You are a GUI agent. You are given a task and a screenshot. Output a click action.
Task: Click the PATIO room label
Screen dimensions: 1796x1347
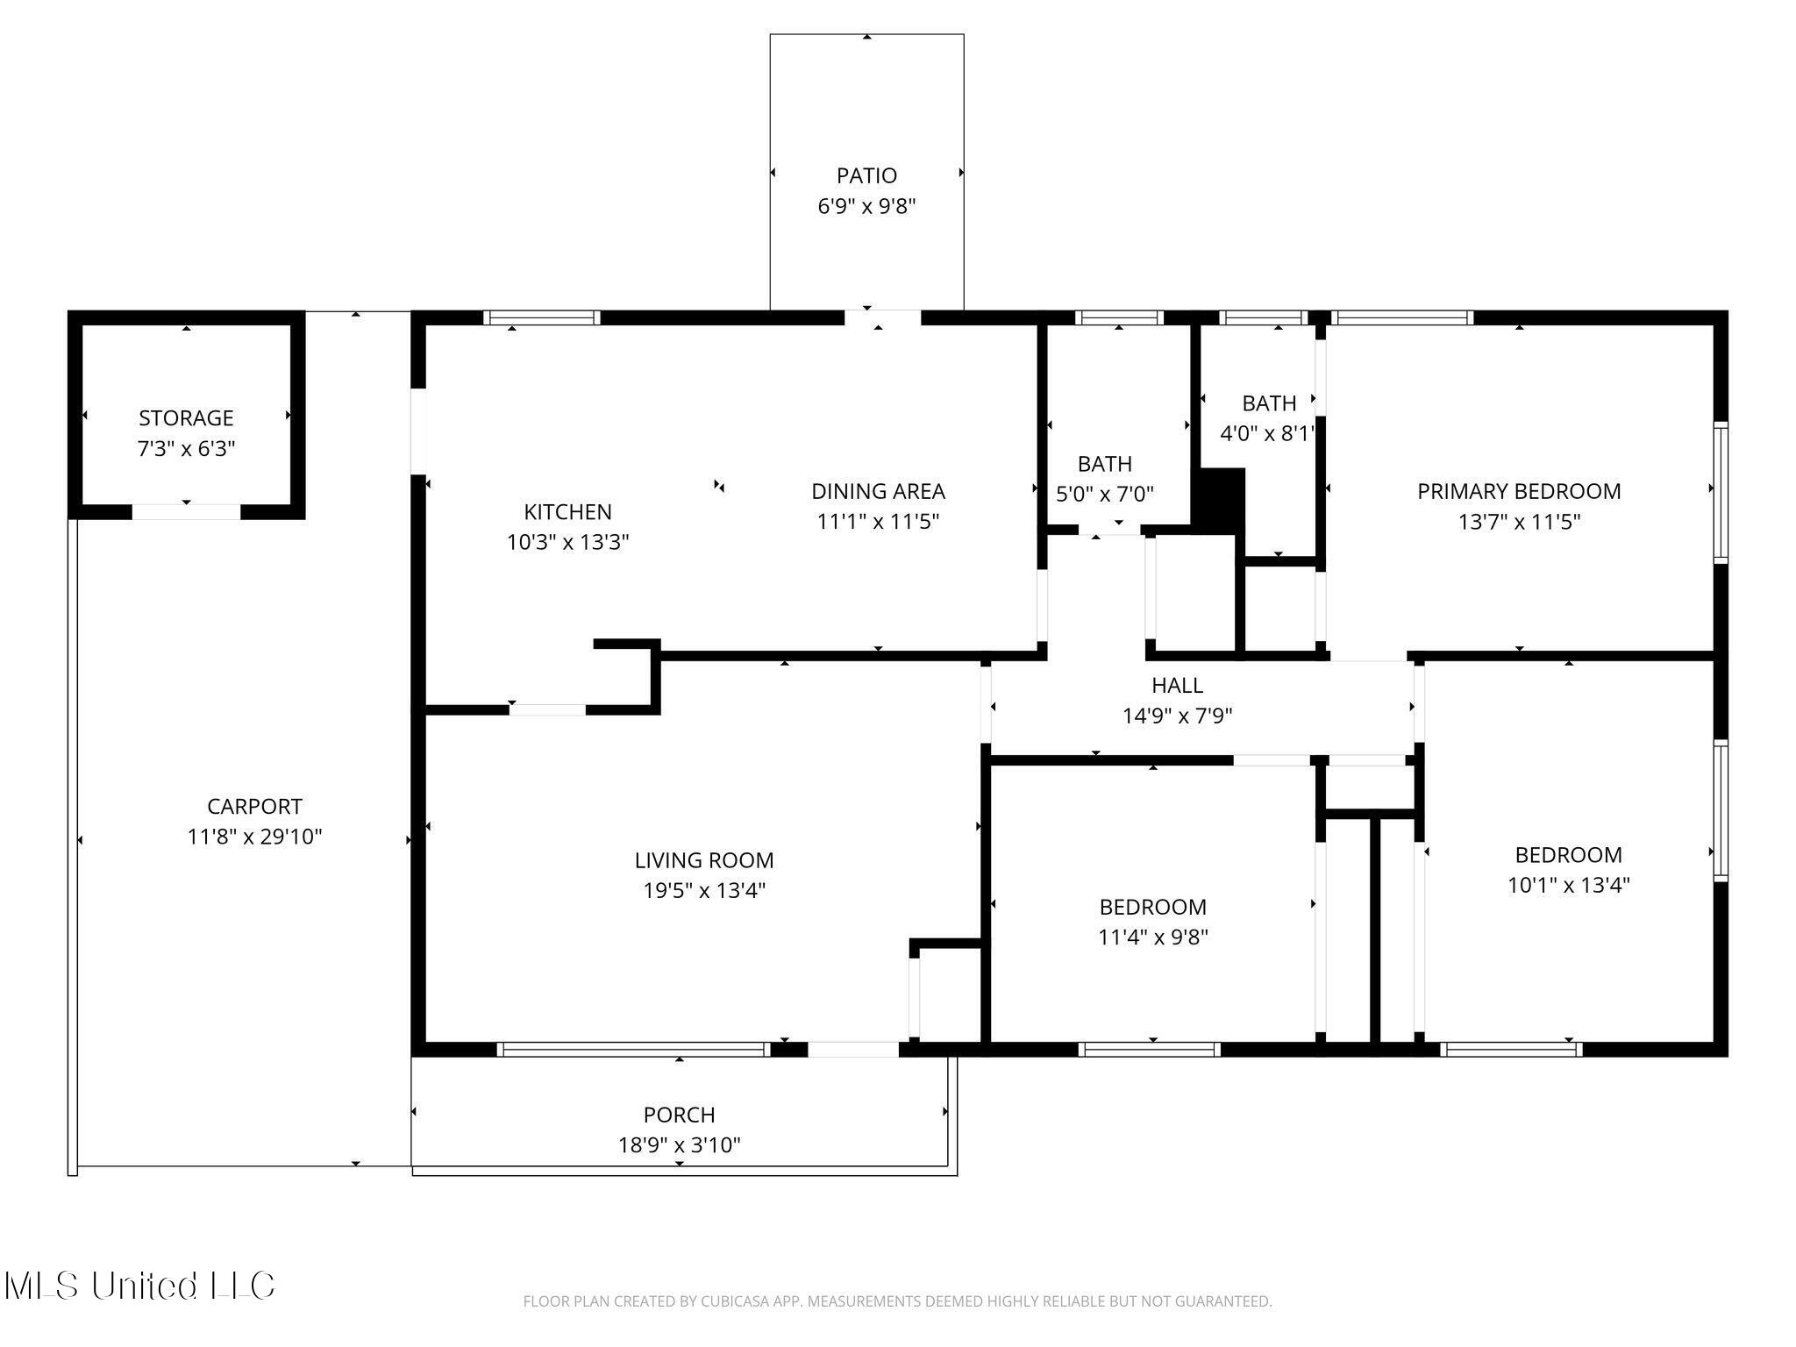(866, 176)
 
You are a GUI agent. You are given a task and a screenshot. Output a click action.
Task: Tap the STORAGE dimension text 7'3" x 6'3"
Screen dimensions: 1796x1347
(186, 449)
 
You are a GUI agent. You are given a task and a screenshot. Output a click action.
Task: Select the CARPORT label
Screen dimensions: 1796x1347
(254, 806)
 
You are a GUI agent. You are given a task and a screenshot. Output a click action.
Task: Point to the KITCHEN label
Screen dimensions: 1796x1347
(567, 511)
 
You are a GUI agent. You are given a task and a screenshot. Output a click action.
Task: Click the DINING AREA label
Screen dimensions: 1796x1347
(878, 491)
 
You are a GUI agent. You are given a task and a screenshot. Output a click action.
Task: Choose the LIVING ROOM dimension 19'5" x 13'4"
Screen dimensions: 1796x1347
(704, 891)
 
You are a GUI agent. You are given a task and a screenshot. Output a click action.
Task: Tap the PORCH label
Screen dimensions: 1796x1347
(679, 1115)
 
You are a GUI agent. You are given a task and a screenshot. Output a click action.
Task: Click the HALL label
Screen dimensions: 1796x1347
(1177, 685)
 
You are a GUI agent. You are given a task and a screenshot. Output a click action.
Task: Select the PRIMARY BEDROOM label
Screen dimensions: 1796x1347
(1519, 491)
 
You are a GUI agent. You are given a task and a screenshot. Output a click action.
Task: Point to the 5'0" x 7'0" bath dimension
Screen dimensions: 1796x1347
(1104, 495)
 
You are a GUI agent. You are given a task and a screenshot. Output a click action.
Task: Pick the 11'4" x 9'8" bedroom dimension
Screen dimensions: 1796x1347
(1152, 937)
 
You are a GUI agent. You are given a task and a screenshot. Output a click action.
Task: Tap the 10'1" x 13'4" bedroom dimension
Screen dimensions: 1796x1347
(1568, 885)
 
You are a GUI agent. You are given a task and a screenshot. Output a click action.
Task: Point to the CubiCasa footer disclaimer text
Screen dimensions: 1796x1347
(897, 1301)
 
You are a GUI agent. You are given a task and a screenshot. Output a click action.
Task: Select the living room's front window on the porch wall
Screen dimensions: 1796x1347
(633, 1049)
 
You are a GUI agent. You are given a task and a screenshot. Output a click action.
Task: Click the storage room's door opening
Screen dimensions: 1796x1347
(186, 512)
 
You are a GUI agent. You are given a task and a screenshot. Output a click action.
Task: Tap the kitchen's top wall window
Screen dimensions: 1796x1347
(542, 317)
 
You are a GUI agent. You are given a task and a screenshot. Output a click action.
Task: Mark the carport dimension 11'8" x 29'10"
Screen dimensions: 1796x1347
(254, 837)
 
